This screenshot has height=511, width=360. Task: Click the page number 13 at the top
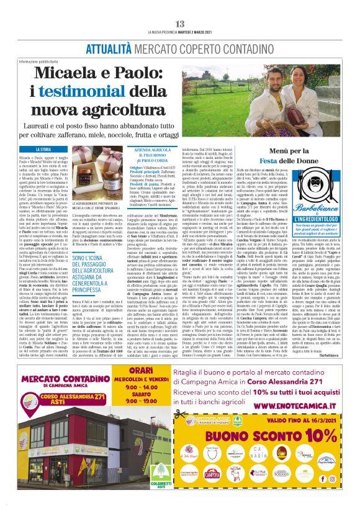(180, 24)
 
